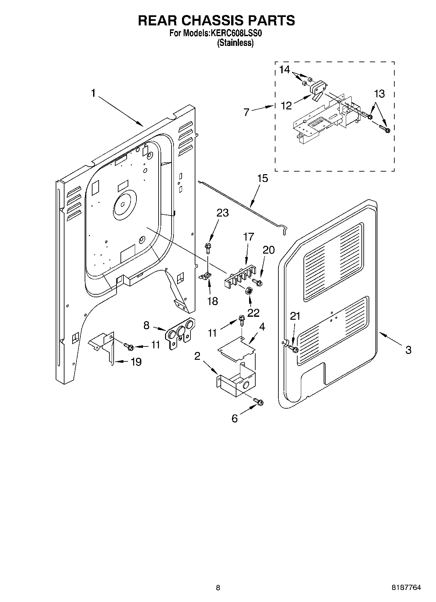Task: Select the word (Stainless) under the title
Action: tap(235, 43)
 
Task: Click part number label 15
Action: tap(262, 178)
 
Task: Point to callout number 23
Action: tap(222, 213)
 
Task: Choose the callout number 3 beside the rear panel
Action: tap(408, 350)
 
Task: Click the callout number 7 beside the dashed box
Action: tap(246, 112)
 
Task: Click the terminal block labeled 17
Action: tap(239, 276)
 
